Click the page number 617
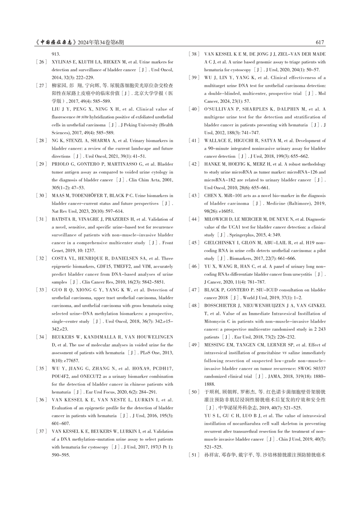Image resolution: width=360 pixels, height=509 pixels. click(x=320, y=43)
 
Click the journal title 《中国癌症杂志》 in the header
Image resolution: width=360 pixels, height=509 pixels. click(x=56, y=43)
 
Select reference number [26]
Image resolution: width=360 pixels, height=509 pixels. click(x=41, y=62)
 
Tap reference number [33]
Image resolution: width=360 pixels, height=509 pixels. click(x=41, y=290)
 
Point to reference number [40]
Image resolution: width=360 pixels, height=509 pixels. click(x=194, y=109)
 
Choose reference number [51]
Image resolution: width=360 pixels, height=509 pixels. click(x=194, y=455)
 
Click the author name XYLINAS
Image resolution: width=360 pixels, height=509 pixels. click(x=62, y=62)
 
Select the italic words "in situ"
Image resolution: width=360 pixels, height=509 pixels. click(x=82, y=117)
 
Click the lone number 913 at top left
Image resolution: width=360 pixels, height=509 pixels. click(x=56, y=54)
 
